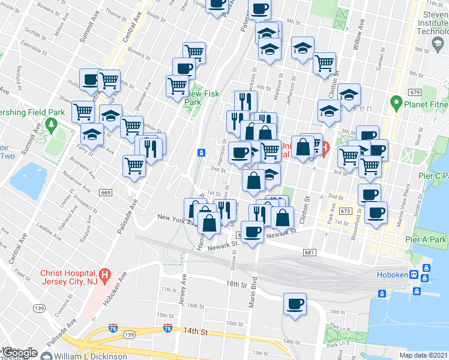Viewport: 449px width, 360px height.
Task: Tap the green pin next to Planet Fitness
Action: pyautogui.click(x=396, y=103)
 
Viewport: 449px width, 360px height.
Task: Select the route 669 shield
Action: pyautogui.click(x=106, y=192)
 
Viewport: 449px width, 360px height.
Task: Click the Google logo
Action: pyautogui.click(x=20, y=353)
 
